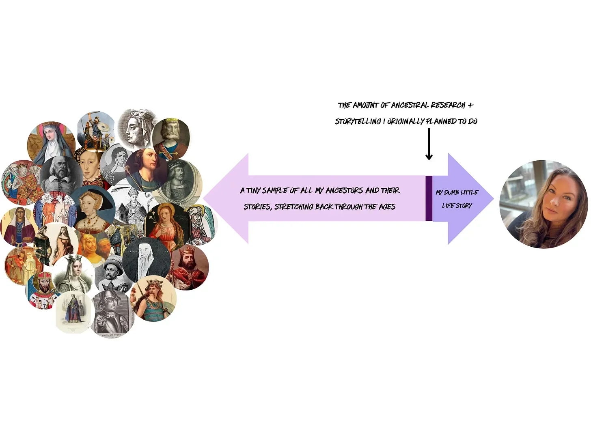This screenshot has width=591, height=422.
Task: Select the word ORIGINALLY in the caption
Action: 406,121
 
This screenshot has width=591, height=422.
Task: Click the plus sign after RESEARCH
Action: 470,105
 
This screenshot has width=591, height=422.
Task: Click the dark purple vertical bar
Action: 429,198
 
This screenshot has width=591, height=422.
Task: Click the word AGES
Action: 386,207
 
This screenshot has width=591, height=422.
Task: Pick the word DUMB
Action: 451,192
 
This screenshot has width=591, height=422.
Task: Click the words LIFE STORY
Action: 457,206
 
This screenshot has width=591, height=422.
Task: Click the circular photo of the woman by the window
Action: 543,204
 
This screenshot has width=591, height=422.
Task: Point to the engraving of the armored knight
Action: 112,312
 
